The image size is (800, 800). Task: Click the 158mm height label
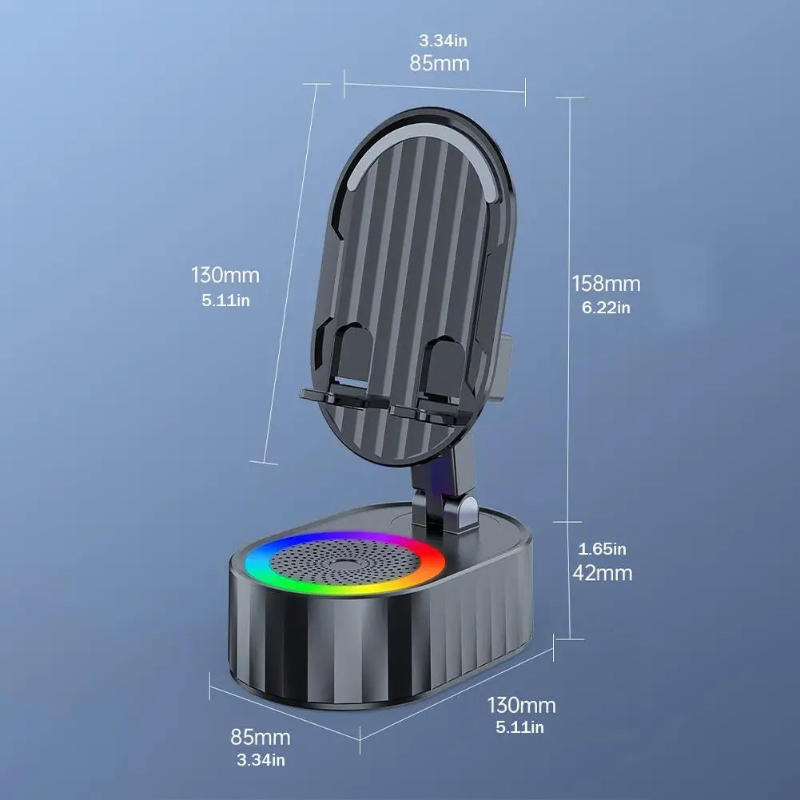(x=606, y=283)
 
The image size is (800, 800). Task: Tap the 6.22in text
(x=606, y=307)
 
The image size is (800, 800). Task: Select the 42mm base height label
(x=603, y=573)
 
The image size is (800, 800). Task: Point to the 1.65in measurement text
(x=603, y=549)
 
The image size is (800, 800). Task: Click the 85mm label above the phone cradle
(x=440, y=63)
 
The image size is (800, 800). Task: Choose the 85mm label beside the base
(x=261, y=737)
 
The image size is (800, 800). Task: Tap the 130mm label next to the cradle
(x=225, y=276)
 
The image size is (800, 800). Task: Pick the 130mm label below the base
(x=521, y=705)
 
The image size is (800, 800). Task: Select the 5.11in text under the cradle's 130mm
(x=225, y=300)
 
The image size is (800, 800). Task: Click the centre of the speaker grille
(x=345, y=563)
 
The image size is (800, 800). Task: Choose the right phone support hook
(x=436, y=384)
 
